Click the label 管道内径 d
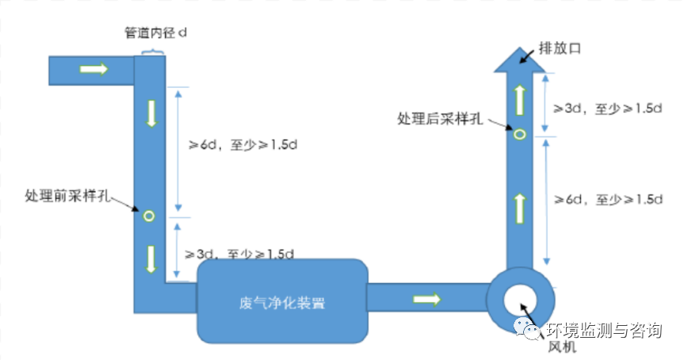tap(155, 33)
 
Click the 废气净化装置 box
tap(282, 302)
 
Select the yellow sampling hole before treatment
tap(148, 215)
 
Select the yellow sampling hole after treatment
tap(520, 134)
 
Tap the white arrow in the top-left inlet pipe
tap(94, 69)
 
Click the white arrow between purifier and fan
tap(426, 299)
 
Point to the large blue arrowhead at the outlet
tap(520, 59)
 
